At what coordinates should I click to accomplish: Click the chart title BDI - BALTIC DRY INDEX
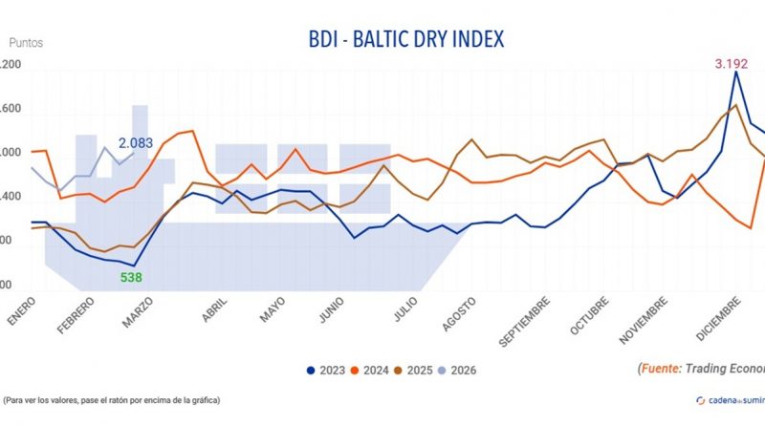click(407, 39)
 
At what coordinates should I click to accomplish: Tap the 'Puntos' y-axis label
click(26, 42)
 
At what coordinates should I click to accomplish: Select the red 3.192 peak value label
click(733, 65)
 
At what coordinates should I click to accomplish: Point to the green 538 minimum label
click(132, 278)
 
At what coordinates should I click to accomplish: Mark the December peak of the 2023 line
click(735, 72)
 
